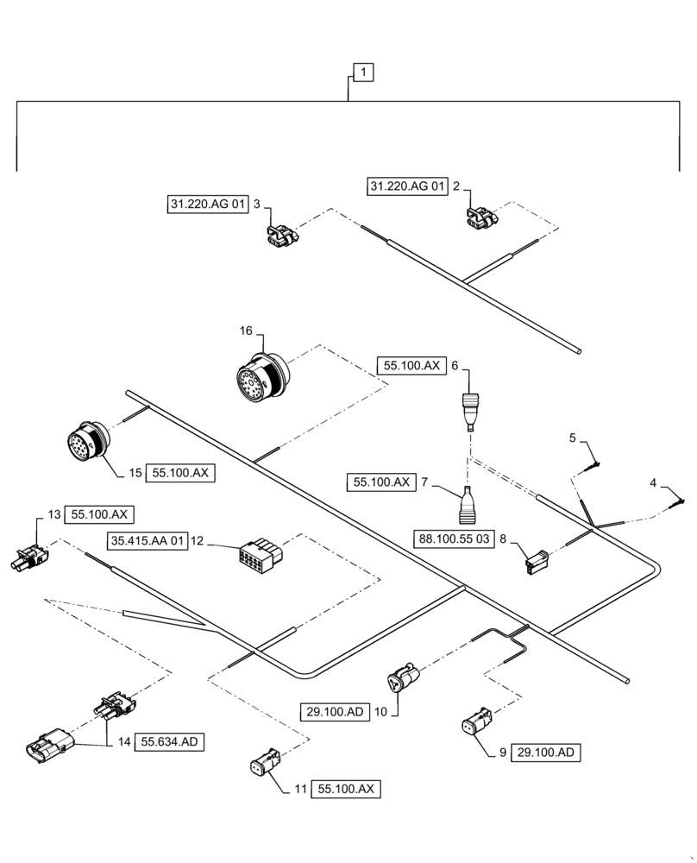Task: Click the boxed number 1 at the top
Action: tap(364, 73)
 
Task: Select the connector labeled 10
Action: tap(404, 678)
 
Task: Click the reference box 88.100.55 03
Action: tap(455, 539)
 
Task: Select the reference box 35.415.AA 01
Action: tap(147, 541)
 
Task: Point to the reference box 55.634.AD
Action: tap(175, 741)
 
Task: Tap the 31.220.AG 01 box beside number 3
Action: tap(207, 205)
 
